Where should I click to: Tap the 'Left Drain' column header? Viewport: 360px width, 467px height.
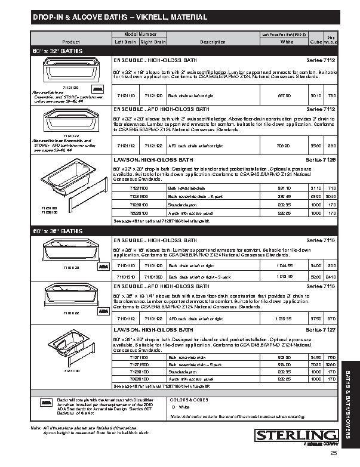coord(125,42)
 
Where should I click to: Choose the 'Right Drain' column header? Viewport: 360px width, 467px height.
coord(153,42)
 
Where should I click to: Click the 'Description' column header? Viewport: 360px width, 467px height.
coord(213,42)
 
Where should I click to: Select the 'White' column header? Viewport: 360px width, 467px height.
coord(287,42)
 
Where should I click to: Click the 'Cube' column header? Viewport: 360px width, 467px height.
coord(316,42)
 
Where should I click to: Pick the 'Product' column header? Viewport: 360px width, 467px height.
coord(71,42)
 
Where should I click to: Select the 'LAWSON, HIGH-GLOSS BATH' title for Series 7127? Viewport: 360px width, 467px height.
coord(153,329)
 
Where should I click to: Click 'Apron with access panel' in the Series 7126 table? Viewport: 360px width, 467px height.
coord(190,212)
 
